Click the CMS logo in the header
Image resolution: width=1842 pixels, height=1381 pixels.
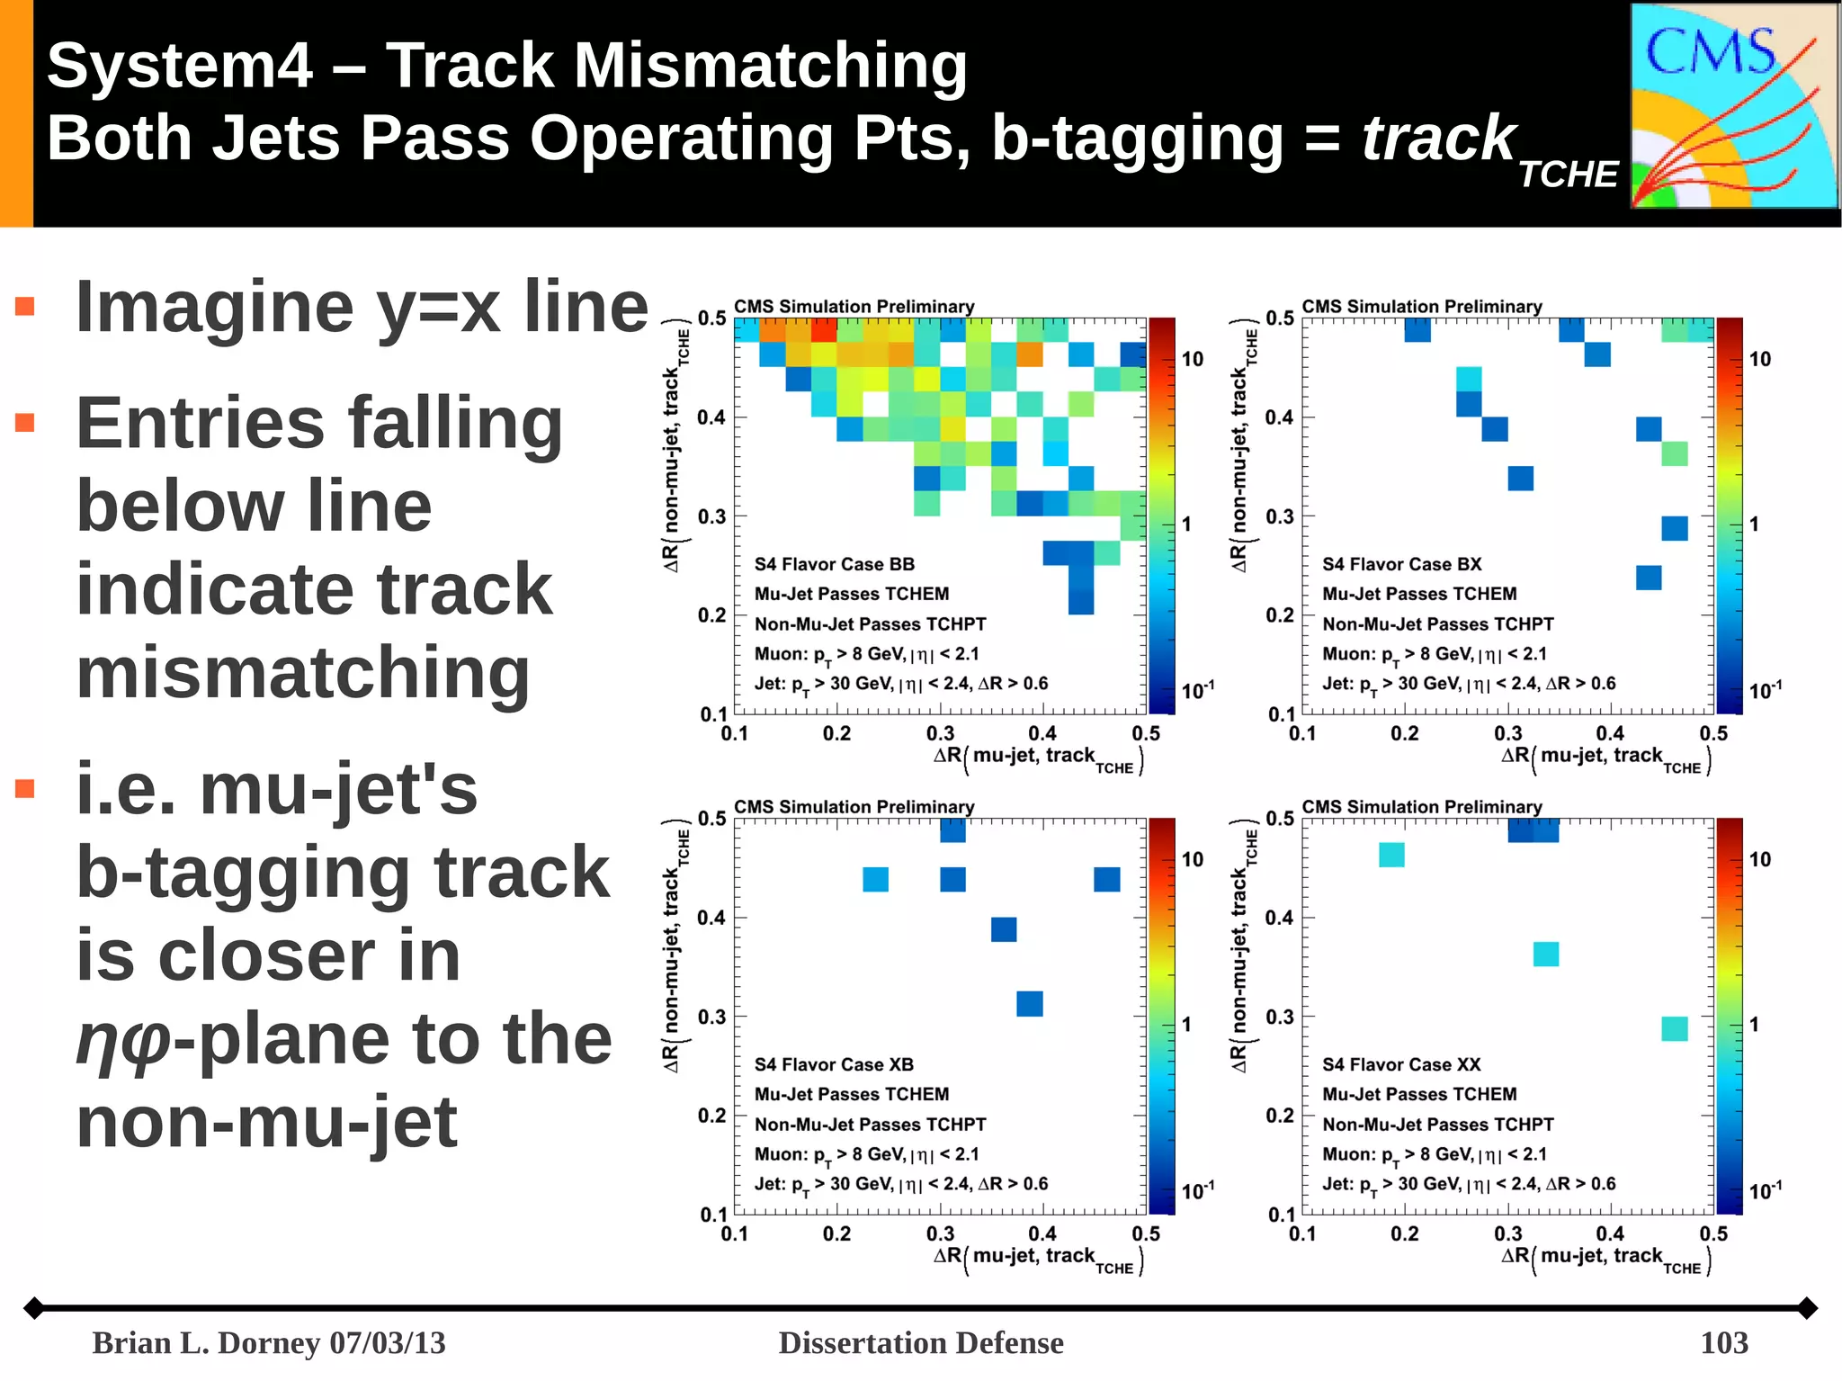[x=1733, y=106]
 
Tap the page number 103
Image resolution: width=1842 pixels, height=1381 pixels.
[x=1723, y=1342]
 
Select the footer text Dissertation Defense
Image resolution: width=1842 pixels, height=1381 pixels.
[x=920, y=1342]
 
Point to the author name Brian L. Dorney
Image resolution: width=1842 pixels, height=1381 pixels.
[x=208, y=1342]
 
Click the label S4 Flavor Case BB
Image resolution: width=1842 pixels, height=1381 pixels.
[x=834, y=564]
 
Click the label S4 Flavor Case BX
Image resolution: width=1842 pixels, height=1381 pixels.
[x=1401, y=564]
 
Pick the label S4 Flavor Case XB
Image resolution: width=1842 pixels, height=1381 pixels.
[x=834, y=1064]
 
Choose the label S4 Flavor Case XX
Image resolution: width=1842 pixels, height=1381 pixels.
[x=1401, y=1064]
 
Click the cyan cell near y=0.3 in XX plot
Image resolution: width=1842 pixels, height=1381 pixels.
[x=1674, y=1028]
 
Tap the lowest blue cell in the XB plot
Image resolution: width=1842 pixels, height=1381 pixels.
[x=1029, y=1003]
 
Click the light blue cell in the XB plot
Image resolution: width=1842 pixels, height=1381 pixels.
[x=875, y=879]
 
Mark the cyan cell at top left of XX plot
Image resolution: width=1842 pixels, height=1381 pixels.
[x=1391, y=855]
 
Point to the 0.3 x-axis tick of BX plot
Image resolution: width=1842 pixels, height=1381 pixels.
[x=1508, y=733]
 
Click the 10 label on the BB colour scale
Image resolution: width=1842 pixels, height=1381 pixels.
[x=1193, y=359]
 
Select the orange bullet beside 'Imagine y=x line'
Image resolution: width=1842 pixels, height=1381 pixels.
[x=25, y=307]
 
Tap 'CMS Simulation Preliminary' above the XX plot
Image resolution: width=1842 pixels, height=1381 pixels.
[x=1421, y=806]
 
